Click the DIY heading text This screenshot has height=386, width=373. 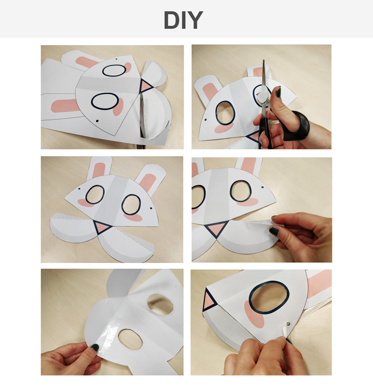[184, 20]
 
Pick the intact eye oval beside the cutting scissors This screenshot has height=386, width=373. [225, 113]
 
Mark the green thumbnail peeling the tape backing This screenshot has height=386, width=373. [274, 231]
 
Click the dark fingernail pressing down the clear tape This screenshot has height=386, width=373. [95, 347]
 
